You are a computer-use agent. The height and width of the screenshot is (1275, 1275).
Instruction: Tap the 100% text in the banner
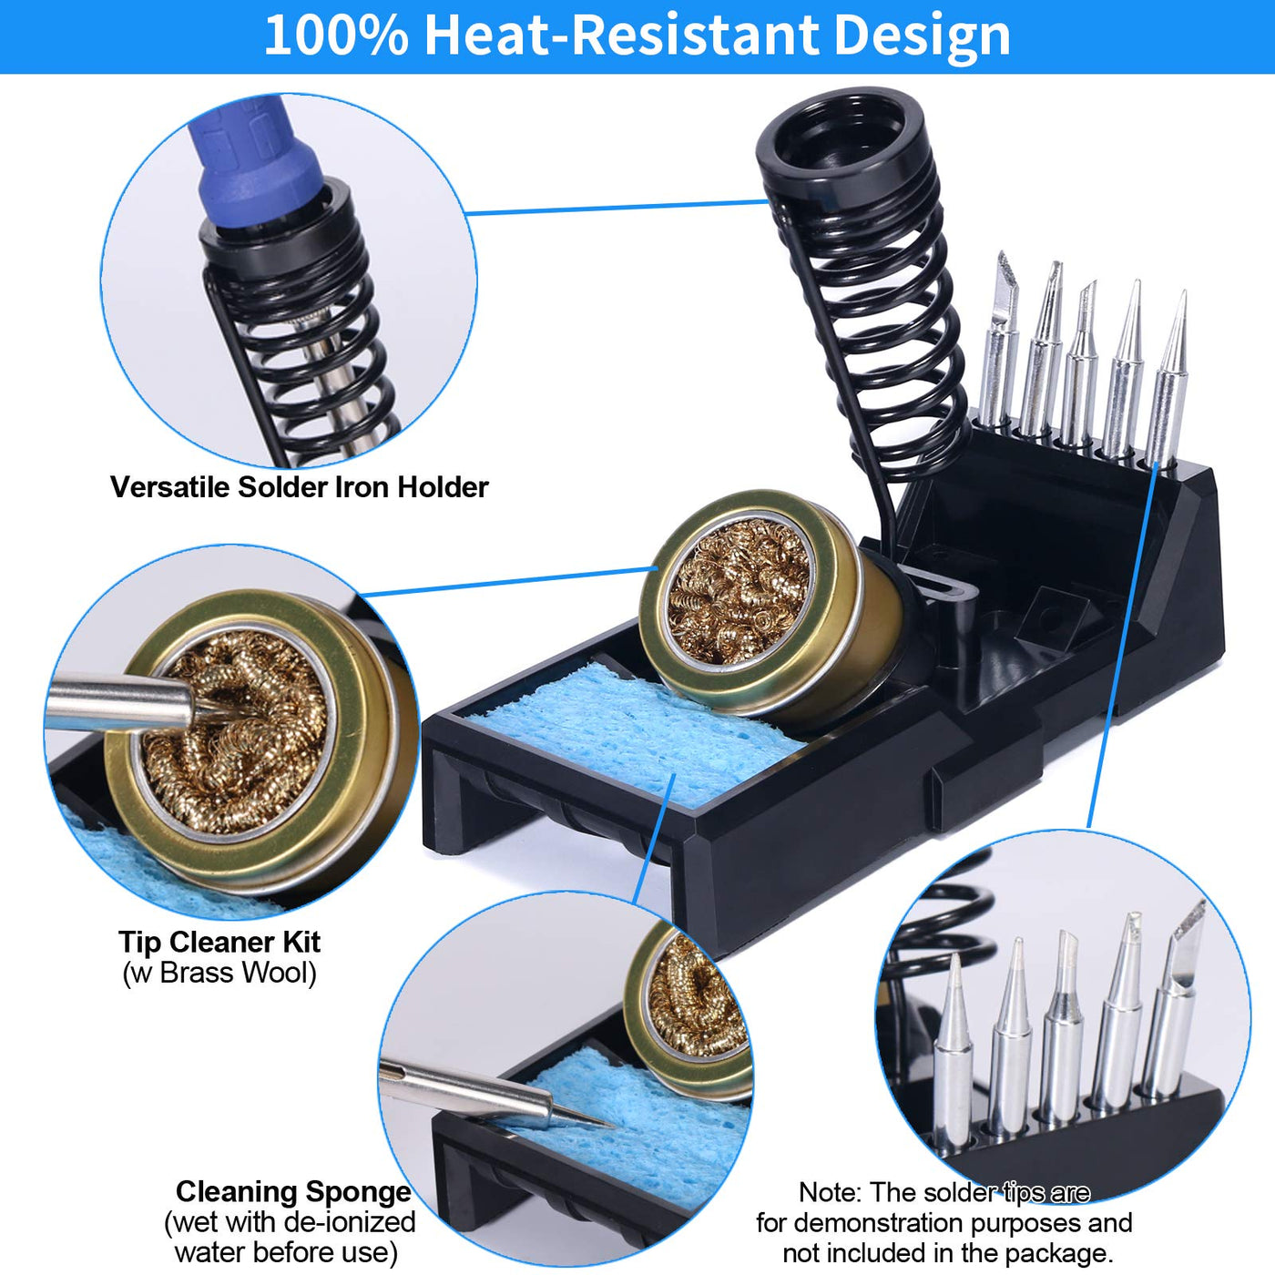point(336,36)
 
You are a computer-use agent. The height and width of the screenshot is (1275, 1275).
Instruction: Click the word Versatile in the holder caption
point(170,487)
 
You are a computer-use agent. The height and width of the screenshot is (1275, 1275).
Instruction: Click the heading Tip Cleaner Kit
point(219,943)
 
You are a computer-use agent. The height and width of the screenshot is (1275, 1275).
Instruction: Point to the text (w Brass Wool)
point(219,973)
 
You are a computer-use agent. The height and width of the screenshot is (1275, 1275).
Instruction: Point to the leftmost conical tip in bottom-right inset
point(953,1052)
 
